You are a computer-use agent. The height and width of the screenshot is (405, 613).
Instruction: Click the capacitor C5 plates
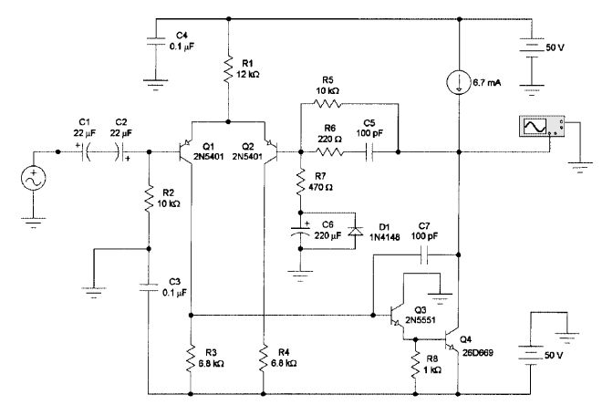371,151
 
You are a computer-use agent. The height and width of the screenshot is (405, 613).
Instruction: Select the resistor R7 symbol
300,183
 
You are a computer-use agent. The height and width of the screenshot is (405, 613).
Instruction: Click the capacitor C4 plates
152,39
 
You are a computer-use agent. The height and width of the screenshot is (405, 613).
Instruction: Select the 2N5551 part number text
436,320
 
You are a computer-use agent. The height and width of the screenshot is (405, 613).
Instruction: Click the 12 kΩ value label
248,76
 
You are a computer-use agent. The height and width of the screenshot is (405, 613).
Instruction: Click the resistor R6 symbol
331,151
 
